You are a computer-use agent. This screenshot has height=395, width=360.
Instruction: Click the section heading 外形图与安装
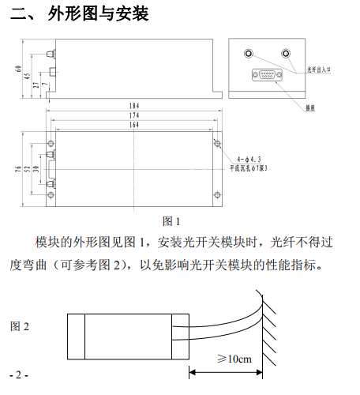[x=98, y=13]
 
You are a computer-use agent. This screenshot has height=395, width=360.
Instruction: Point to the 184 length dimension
[x=134, y=106]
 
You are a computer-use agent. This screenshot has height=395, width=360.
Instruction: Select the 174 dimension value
[x=134, y=115]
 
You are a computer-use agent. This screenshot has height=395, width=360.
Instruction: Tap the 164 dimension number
[x=134, y=125]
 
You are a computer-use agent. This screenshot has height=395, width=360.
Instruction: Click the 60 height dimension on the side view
[x=18, y=69]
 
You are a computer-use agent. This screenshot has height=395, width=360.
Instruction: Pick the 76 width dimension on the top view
[x=18, y=169]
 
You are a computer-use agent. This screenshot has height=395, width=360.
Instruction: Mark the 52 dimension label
[x=27, y=169]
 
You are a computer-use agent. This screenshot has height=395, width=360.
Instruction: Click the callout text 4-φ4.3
[x=249, y=160]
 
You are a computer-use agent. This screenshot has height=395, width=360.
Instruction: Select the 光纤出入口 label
[x=319, y=70]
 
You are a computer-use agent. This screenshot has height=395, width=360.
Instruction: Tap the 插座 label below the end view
[x=310, y=107]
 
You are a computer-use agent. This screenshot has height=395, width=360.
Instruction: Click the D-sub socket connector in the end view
[x=267, y=75]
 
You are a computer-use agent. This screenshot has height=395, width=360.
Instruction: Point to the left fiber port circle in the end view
[x=249, y=54]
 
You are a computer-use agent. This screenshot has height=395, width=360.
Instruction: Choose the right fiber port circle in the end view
[x=286, y=54]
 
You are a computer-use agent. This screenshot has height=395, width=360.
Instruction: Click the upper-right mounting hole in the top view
[x=217, y=143]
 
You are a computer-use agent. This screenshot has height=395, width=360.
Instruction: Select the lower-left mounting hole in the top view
[x=51, y=195]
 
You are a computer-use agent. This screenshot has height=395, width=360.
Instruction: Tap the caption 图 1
[x=171, y=221]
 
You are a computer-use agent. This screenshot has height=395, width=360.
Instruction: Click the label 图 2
[x=20, y=326]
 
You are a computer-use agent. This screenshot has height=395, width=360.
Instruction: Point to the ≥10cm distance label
[x=234, y=359]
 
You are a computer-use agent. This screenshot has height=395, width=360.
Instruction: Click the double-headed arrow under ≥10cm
[x=226, y=372]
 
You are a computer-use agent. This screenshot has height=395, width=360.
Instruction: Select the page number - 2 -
[x=19, y=374]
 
